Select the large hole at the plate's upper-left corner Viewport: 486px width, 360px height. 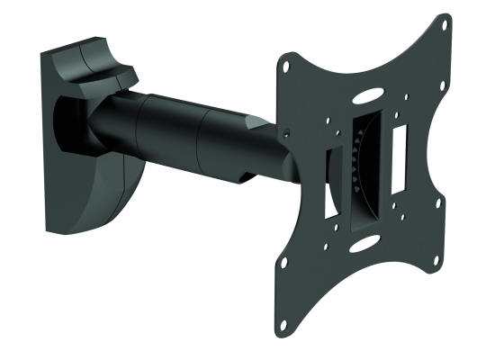286,66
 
